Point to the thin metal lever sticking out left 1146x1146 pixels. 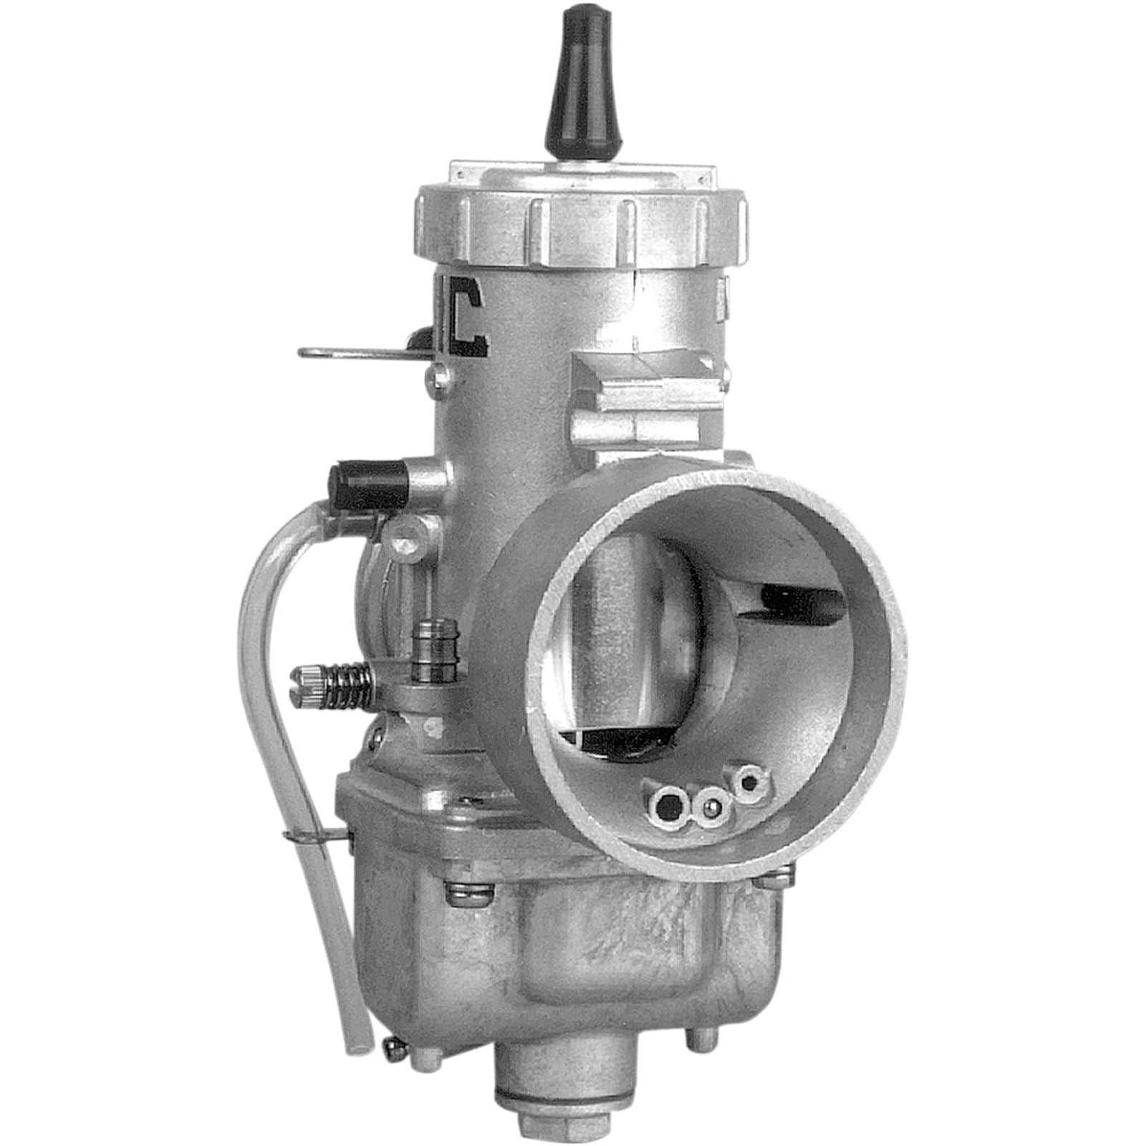(x=351, y=352)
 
